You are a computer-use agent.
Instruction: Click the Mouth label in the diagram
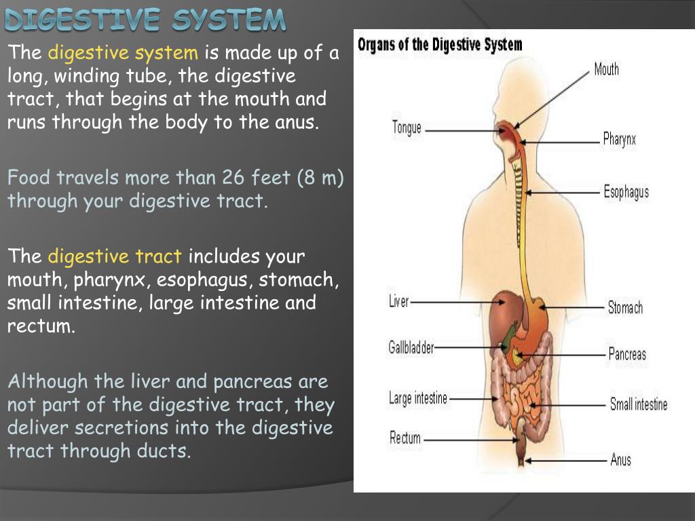pos(606,69)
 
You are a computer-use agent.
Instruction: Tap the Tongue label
pos(407,128)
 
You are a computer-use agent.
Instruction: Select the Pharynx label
pos(619,140)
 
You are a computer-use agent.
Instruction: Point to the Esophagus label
pos(626,192)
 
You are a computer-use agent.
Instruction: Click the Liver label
pos(399,301)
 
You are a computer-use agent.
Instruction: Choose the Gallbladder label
pos(411,347)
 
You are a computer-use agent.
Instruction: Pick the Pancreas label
pos(627,354)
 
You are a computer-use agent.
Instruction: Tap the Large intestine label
pos(418,398)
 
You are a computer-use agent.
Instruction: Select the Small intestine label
pos(638,405)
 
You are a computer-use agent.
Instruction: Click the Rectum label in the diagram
pos(405,438)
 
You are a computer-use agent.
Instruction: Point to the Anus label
pos(620,460)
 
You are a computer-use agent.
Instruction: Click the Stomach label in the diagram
pos(625,308)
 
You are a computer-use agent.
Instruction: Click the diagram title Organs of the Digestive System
pos(440,45)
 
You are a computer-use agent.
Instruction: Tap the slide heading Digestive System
pos(145,20)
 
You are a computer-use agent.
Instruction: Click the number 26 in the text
pos(233,178)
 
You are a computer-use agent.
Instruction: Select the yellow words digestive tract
pos(115,256)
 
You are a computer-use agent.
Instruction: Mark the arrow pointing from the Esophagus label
pos(563,193)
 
